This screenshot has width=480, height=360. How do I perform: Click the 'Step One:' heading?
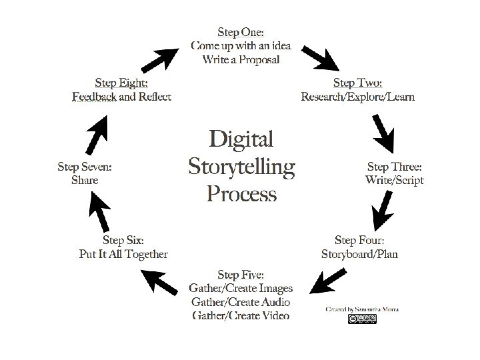[x=241, y=31]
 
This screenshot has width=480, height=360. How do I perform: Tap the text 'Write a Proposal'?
[x=241, y=59]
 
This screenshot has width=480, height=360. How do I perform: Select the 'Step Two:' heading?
[x=357, y=83]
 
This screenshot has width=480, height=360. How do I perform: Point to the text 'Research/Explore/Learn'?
[x=357, y=97]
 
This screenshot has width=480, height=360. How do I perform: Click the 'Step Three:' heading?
[x=395, y=166]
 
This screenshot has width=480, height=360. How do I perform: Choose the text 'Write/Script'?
[x=395, y=180]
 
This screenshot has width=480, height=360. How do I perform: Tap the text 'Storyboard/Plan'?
[x=359, y=253]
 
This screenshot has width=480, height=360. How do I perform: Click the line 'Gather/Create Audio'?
[x=241, y=301]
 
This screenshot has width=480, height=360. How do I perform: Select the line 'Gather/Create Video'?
[x=241, y=315]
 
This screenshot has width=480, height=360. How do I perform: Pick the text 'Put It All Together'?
[x=123, y=253]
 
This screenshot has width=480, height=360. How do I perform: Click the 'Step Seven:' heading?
[x=85, y=166]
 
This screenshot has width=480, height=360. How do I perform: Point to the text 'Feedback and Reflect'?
[x=122, y=97]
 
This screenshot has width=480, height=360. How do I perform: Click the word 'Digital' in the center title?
[x=241, y=139]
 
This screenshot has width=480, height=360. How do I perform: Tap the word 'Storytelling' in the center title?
[x=241, y=166]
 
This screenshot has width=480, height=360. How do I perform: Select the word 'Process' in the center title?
[x=241, y=193]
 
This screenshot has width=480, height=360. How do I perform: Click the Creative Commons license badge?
[x=362, y=319]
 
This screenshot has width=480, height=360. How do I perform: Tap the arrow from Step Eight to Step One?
[x=160, y=57]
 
